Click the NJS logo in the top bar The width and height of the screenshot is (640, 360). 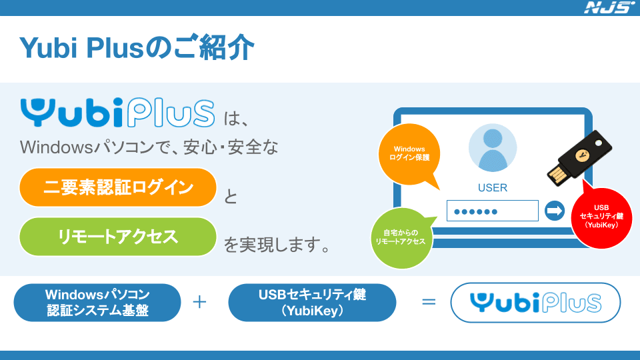click(609, 8)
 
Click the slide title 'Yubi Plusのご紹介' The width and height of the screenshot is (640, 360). click(137, 48)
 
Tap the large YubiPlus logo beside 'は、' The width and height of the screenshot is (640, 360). click(117, 113)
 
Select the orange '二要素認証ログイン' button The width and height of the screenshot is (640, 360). click(118, 187)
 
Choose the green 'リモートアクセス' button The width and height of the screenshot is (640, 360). click(118, 237)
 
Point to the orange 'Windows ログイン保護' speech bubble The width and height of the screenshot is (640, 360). click(409, 154)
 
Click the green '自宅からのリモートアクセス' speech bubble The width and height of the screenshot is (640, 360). click(400, 237)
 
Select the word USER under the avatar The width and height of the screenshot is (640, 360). click(493, 188)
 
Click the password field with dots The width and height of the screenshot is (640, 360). click(492, 211)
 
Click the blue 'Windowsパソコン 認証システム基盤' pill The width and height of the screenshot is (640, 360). click(97, 302)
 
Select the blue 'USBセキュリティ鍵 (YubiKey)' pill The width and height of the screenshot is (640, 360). click(312, 302)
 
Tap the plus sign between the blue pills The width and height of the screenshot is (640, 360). click(199, 302)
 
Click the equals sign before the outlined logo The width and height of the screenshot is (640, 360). click(429, 302)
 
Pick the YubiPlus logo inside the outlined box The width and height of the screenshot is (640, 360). click(535, 303)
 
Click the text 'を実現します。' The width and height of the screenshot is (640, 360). click(277, 247)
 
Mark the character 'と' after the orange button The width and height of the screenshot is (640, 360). click(231, 197)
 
